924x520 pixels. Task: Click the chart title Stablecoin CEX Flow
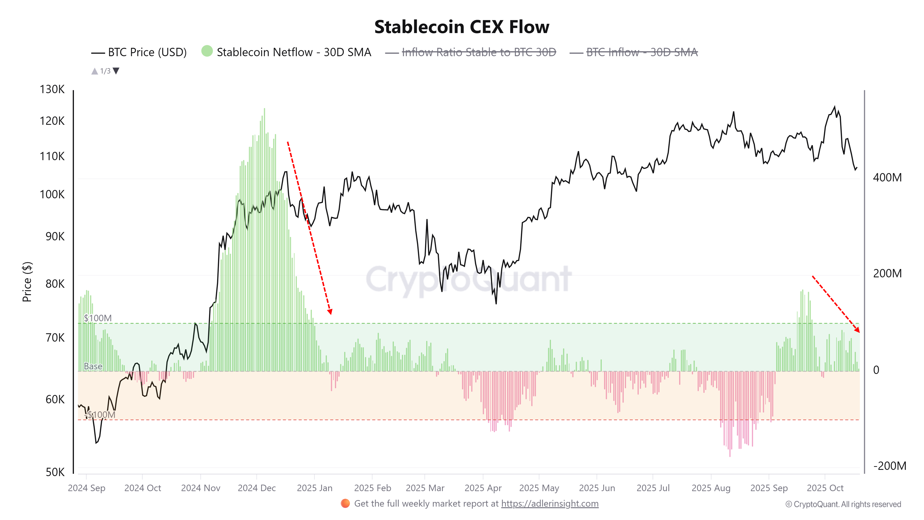click(462, 27)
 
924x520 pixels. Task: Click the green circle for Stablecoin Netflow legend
click(207, 51)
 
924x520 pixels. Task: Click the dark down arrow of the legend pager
click(116, 71)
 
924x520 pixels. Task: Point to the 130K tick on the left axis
click(52, 89)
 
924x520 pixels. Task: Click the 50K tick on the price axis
click(55, 472)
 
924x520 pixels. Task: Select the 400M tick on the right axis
click(887, 178)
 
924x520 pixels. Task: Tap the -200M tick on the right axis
click(890, 466)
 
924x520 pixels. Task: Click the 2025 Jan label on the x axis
click(315, 488)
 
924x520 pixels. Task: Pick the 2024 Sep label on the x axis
click(87, 488)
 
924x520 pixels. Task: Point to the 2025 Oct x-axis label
click(825, 488)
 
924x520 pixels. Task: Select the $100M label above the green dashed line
click(98, 318)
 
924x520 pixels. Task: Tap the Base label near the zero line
click(93, 366)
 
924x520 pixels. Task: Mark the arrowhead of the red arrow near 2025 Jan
click(330, 312)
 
